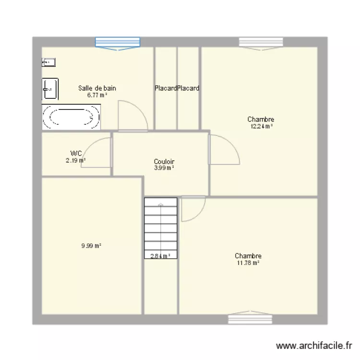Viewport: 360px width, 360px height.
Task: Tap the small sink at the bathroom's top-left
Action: [x=48, y=62]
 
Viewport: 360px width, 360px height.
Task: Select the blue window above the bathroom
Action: [x=118, y=42]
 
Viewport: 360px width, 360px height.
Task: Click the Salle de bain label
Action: [x=97, y=88]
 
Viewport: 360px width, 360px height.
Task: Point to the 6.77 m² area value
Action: [x=97, y=95]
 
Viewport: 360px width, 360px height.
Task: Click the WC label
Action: [x=76, y=154]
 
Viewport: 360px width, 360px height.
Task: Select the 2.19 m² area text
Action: [x=76, y=161]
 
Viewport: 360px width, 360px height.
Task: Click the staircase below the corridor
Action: [x=161, y=226]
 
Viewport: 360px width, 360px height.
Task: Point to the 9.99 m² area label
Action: [x=91, y=246]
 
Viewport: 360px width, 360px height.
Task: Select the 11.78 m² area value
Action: [x=248, y=263]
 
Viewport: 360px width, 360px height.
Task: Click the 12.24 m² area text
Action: [x=261, y=126]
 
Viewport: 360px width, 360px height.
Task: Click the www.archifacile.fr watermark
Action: [x=315, y=345]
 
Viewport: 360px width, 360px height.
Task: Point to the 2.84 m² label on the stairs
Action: [x=161, y=256]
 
